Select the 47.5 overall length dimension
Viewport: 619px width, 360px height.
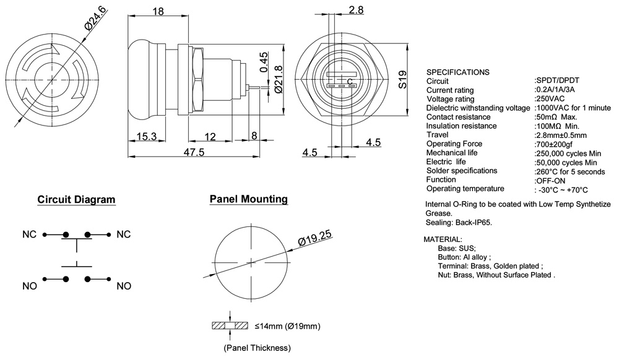point(194,153)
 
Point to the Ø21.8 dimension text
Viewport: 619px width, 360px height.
point(278,79)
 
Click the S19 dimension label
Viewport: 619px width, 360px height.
point(402,79)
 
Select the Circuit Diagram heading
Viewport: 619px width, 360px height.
point(76,200)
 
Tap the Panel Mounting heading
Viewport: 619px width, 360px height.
point(248,199)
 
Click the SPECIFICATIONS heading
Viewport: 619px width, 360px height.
point(457,72)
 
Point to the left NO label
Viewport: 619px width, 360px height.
point(30,286)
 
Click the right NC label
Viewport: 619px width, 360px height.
point(124,235)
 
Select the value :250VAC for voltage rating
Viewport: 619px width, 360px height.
point(550,99)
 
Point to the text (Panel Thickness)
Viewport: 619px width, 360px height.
point(257,348)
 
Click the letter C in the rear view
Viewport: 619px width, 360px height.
point(350,82)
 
